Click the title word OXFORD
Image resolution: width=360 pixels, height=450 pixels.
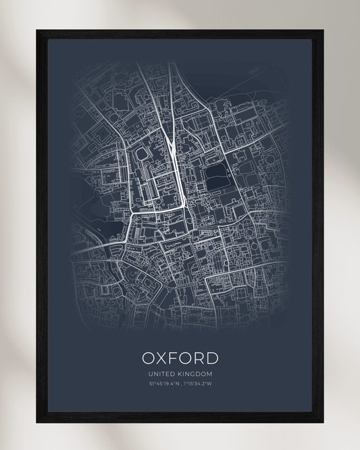point(180,357)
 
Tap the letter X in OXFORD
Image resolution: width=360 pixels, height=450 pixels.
point(161,357)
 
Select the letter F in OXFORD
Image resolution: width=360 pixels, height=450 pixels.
point(176,357)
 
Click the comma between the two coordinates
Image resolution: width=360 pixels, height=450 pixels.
point(180,384)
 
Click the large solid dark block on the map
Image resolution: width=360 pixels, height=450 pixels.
point(217,177)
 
